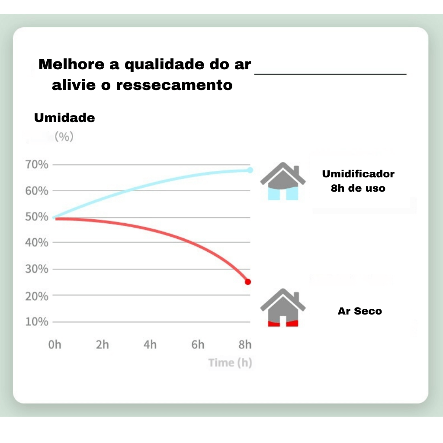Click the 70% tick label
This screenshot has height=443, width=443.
(37, 164)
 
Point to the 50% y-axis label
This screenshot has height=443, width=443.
(37, 217)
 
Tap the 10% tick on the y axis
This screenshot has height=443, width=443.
(37, 322)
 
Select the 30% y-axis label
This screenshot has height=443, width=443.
(37, 269)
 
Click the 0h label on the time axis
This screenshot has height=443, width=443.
(55, 345)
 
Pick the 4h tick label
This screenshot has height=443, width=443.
(150, 345)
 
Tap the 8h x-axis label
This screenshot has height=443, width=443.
(245, 345)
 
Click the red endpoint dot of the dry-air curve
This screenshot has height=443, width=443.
(248, 282)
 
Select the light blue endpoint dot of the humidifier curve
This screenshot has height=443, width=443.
(250, 170)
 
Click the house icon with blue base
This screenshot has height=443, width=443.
(283, 181)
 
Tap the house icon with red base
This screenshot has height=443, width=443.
(283, 308)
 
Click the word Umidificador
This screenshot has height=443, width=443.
(358, 174)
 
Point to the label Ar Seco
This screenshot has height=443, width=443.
(360, 311)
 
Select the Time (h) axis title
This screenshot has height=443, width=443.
(230, 363)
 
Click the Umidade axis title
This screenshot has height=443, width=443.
(64, 118)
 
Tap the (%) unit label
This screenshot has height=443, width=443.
(64, 136)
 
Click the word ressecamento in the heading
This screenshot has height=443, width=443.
(174, 85)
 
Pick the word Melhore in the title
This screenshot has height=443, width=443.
(71, 64)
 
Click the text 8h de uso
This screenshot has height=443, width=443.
(358, 188)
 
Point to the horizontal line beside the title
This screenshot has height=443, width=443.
(330, 74)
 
